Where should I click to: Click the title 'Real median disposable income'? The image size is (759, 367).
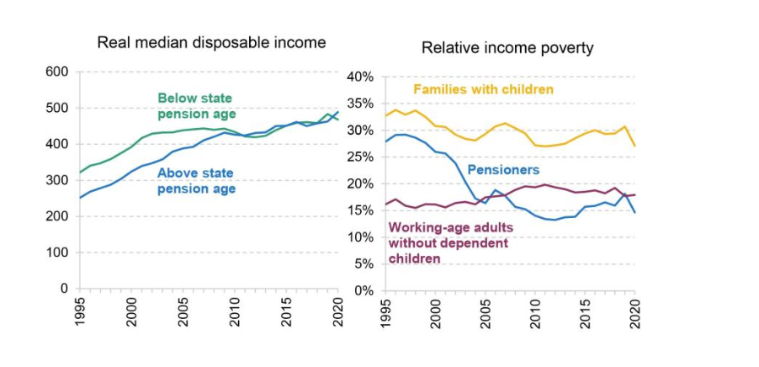[211, 42]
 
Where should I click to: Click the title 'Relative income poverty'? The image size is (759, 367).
[507, 48]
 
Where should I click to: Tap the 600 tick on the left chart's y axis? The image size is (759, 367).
[56, 72]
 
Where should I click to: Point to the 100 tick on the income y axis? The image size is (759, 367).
[56, 253]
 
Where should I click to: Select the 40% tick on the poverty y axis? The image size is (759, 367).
[360, 77]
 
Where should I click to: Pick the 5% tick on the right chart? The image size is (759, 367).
[364, 264]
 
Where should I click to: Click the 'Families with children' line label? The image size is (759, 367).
[483, 89]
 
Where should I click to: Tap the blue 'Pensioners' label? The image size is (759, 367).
[502, 169]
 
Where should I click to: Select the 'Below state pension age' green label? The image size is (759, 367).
[195, 106]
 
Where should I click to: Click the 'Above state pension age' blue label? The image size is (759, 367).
[197, 181]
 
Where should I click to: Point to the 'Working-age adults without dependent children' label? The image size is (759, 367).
[448, 242]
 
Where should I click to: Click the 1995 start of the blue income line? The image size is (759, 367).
[80, 198]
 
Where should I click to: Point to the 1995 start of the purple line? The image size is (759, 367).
[384, 204]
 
